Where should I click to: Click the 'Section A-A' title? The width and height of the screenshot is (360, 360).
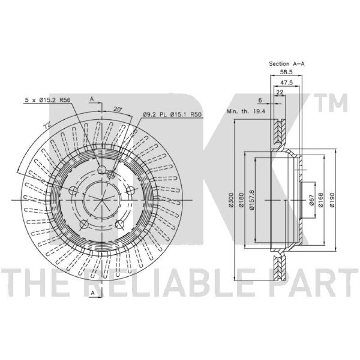coord(287,64)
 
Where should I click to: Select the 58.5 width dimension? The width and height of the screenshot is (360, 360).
coord(286,72)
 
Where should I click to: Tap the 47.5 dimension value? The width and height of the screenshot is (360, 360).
coord(287,83)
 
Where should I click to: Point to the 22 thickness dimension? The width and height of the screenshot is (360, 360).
coord(279,92)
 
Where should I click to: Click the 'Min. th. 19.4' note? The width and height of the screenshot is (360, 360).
coord(246,112)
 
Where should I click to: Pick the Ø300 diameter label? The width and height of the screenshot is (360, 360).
coord(231,200)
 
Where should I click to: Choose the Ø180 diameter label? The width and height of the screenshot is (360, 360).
coord(241,200)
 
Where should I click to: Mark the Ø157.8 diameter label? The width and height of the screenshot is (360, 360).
coord(252,200)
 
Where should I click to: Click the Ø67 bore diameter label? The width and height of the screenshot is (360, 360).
coord(311,200)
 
